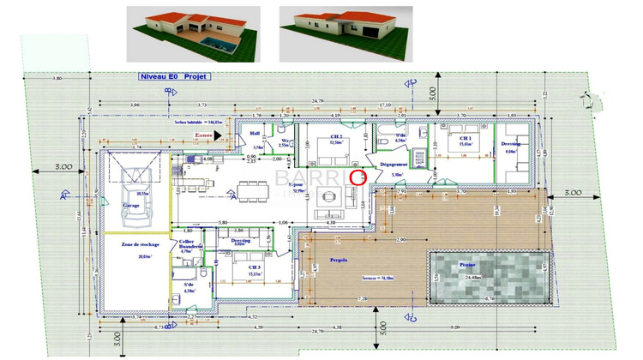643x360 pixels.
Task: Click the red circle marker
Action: tap(358, 177)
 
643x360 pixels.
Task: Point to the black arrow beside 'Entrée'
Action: tap(219, 135)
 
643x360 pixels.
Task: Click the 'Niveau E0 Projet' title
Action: tap(174, 75)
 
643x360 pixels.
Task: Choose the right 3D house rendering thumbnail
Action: tap(346, 34)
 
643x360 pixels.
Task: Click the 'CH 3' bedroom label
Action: tap(255, 267)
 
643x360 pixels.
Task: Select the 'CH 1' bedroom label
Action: tap(466, 138)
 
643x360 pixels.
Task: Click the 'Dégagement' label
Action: tap(396, 162)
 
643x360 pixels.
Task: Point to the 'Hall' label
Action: tap(255, 134)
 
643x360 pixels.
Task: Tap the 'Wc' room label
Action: tap(284, 140)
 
